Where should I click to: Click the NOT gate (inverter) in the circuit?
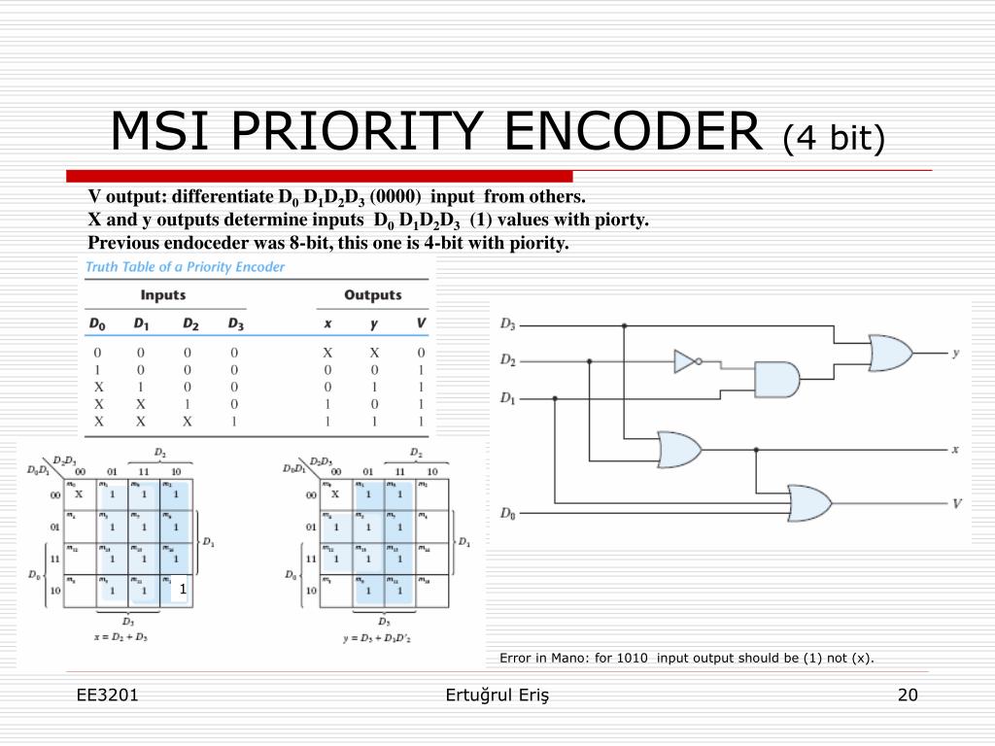[686, 362]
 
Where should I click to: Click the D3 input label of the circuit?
[508, 324]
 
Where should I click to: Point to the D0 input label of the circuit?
[508, 512]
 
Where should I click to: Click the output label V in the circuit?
[957, 503]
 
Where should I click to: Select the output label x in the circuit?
[955, 449]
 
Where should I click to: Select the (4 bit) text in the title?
[835, 137]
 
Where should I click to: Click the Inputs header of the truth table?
[163, 294]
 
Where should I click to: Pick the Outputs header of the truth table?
[372, 294]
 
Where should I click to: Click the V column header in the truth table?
[420, 323]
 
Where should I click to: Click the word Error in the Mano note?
[516, 658]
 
